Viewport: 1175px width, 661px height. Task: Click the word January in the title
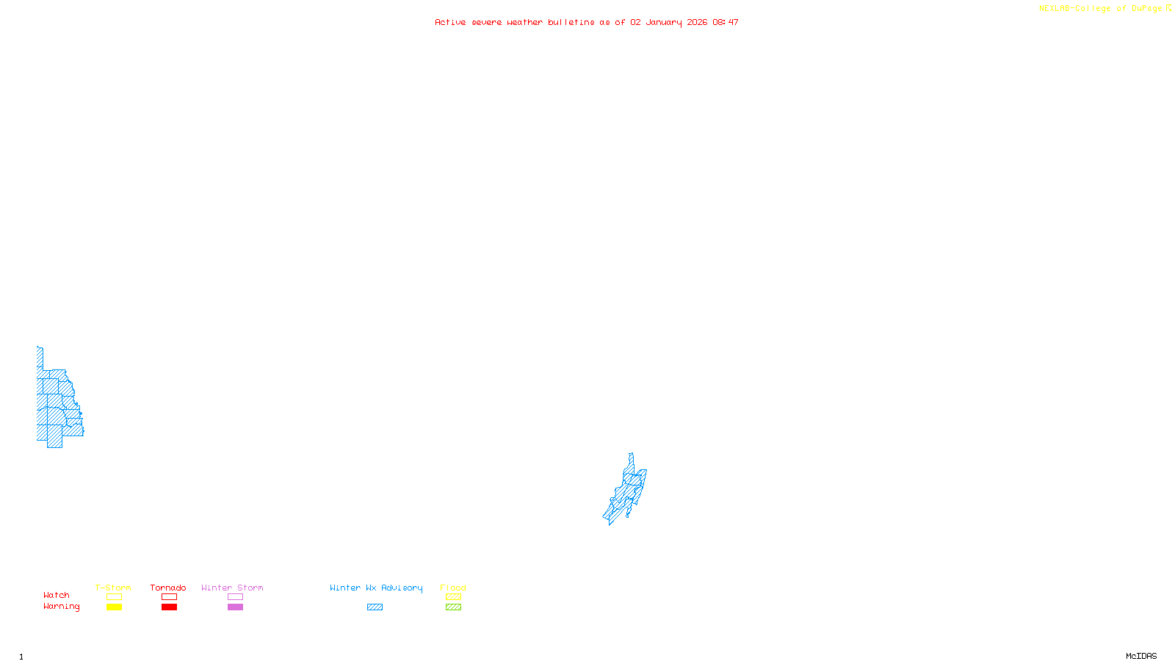[664, 22]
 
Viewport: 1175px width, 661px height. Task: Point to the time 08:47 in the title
[726, 22]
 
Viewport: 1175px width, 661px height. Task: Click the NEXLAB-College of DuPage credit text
[1100, 9]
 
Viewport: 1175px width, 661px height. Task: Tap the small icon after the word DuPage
[1169, 8]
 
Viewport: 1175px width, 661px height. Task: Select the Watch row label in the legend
[57, 595]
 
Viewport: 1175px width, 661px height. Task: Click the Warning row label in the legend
[61, 607]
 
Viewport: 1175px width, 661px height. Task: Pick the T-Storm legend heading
[113, 588]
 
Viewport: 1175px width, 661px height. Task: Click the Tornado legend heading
[168, 588]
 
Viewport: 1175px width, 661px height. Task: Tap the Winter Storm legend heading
[232, 588]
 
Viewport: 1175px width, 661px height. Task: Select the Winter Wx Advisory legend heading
[376, 588]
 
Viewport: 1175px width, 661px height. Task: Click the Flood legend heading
[453, 588]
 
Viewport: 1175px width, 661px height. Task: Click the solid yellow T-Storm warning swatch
[114, 607]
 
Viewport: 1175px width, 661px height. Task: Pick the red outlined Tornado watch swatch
[170, 597]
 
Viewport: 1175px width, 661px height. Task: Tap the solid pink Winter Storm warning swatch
[235, 607]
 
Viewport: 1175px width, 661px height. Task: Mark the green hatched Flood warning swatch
[454, 607]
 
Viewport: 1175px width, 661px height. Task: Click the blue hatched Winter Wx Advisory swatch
[375, 607]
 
